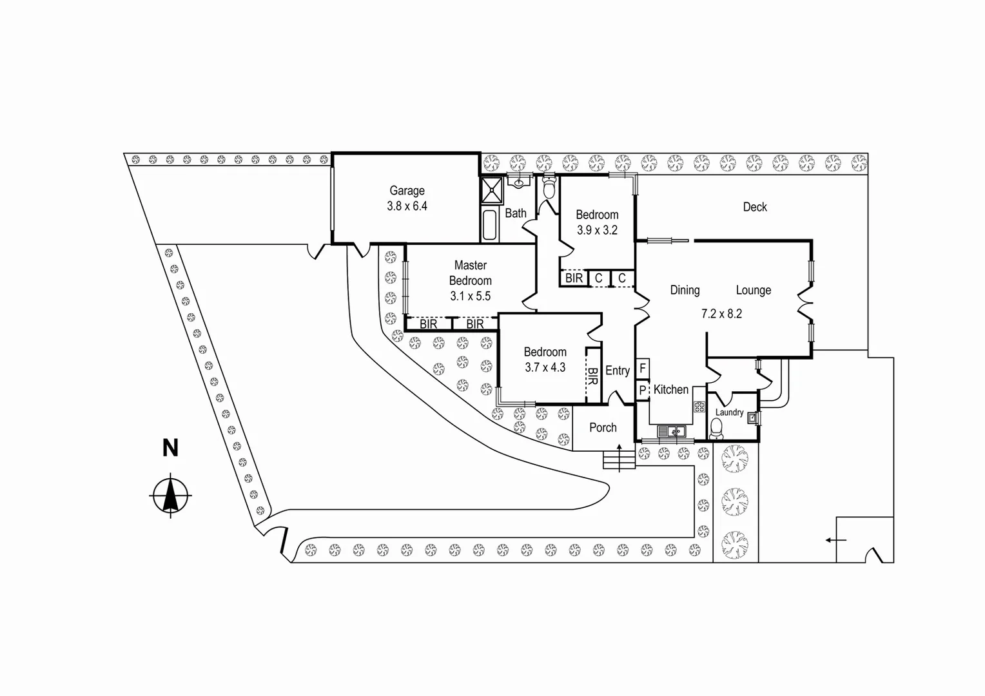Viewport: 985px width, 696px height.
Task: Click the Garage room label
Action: click(x=407, y=191)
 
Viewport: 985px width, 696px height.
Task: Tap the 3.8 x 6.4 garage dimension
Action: click(x=407, y=206)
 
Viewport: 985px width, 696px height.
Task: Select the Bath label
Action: click(x=515, y=213)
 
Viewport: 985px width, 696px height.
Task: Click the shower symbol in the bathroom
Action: click(x=492, y=190)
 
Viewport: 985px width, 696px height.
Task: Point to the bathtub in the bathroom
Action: click(x=489, y=225)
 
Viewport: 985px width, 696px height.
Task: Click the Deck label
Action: click(x=755, y=207)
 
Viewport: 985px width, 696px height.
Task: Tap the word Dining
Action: click(x=685, y=290)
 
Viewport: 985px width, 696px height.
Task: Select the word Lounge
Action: click(x=754, y=290)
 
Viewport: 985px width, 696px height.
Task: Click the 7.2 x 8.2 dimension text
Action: click(x=721, y=313)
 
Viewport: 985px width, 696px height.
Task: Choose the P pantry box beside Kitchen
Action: click(x=643, y=391)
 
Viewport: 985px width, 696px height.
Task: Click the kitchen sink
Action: click(x=672, y=431)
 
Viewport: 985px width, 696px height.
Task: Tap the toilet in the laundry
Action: click(x=716, y=429)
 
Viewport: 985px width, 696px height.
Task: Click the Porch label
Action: click(x=603, y=427)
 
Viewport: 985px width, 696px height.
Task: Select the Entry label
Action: click(x=618, y=371)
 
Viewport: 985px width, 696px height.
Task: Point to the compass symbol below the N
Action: click(x=171, y=495)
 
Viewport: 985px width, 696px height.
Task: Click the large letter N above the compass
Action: click(x=171, y=448)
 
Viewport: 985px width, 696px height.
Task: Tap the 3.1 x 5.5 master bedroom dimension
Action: click(x=470, y=296)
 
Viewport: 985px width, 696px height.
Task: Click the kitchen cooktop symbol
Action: click(x=699, y=406)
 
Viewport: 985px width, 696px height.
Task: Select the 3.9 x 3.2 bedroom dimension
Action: click(x=597, y=230)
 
